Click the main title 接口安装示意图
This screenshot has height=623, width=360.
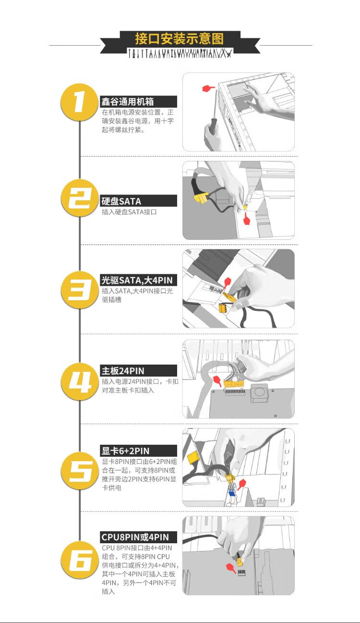tap(180, 38)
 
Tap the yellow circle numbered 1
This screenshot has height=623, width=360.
tap(80, 102)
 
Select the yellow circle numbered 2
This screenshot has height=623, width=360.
tap(80, 198)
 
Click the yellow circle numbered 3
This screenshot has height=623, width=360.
tap(80, 290)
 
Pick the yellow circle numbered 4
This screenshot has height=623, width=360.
tap(80, 381)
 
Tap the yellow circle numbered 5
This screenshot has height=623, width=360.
tap(80, 471)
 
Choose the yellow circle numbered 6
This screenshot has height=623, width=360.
tap(80, 560)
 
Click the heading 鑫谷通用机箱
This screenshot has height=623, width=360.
tap(127, 101)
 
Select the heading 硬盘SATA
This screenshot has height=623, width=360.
tap(121, 201)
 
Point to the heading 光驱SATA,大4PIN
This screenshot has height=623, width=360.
tap(137, 280)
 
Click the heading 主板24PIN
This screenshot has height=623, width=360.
tap(123, 371)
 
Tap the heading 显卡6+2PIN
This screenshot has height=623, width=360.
tap(125, 451)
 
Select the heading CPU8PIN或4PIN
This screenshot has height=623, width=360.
tap(135, 537)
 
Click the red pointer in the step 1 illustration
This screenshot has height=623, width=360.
tap(208, 88)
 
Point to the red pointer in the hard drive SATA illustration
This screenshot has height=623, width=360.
tap(246, 219)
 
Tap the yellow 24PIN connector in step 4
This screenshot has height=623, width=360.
tap(234, 384)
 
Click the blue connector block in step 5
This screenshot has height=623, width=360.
tap(231, 492)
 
